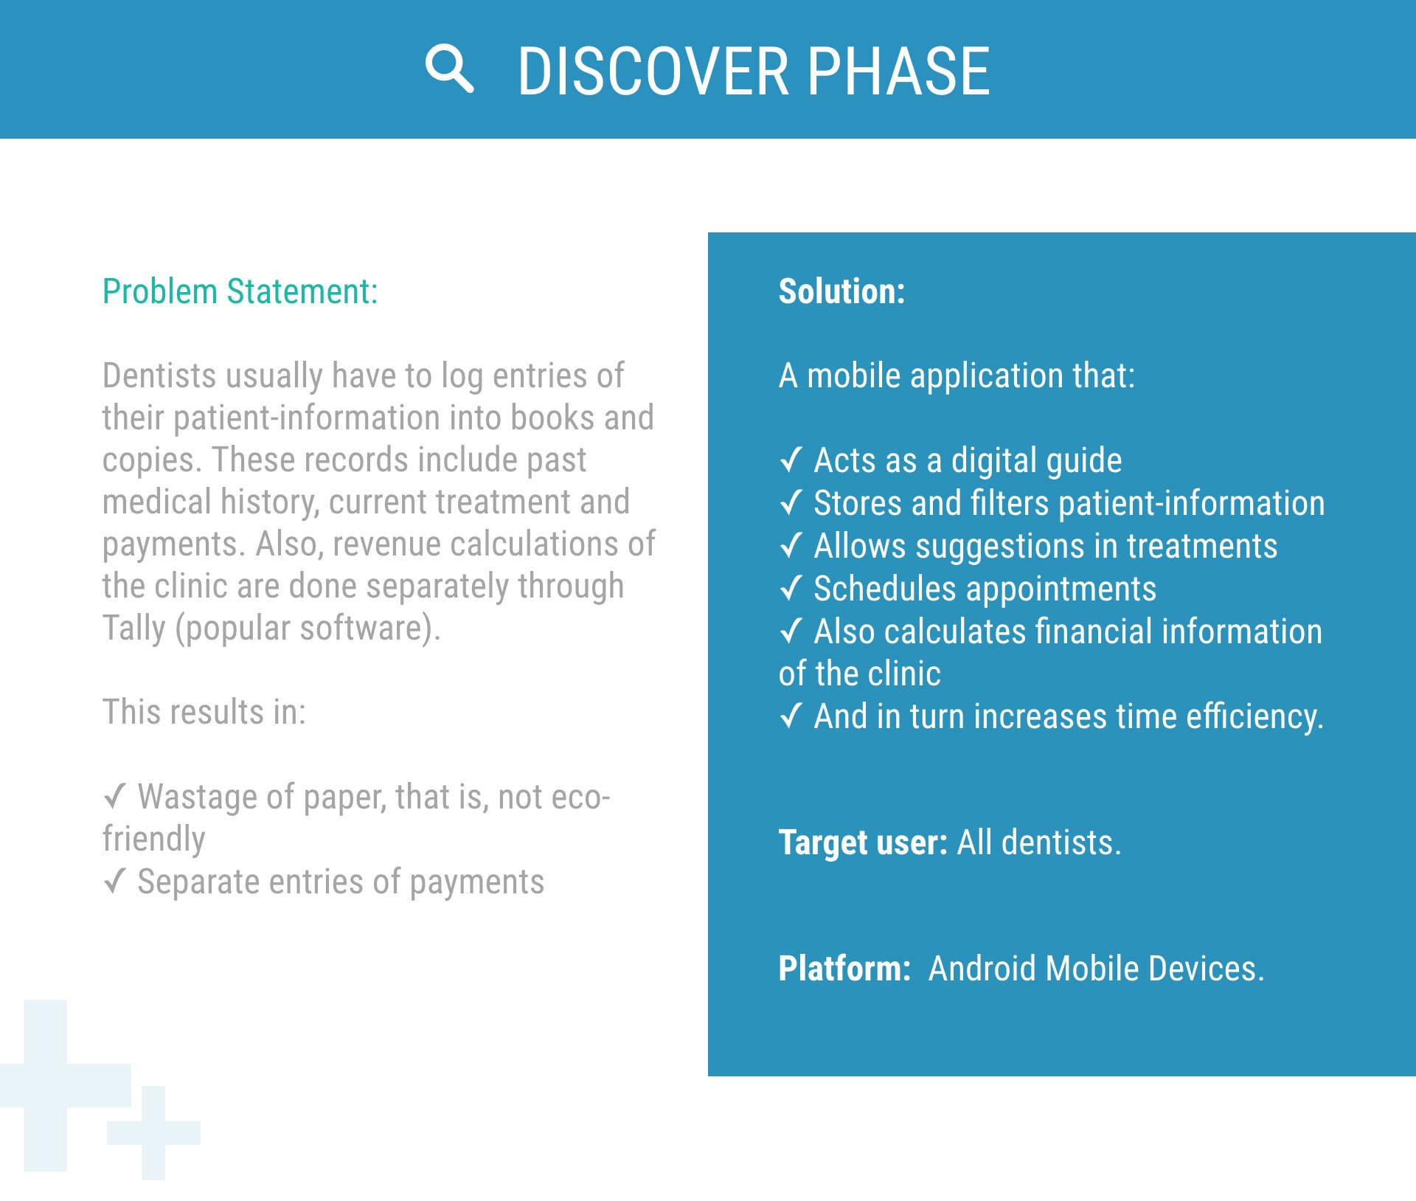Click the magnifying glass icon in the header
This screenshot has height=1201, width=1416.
click(449, 69)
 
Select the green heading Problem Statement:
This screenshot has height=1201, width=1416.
click(240, 291)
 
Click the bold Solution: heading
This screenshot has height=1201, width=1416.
click(841, 291)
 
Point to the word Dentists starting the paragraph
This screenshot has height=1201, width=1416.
click(159, 375)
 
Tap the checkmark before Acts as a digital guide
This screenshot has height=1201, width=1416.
click(791, 460)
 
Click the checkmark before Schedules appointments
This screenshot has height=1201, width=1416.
click(791, 589)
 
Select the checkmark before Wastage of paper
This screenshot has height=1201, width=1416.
click(114, 797)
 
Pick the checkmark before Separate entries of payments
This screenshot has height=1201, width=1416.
click(114, 882)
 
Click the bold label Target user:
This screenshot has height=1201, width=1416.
click(863, 842)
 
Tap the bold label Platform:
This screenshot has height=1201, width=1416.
click(844, 969)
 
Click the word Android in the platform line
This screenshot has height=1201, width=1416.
click(982, 969)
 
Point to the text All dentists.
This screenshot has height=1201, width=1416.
click(1038, 842)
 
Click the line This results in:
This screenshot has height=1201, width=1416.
click(204, 713)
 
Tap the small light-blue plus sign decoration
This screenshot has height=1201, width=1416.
click(153, 1132)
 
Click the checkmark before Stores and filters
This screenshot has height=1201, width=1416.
click(791, 503)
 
